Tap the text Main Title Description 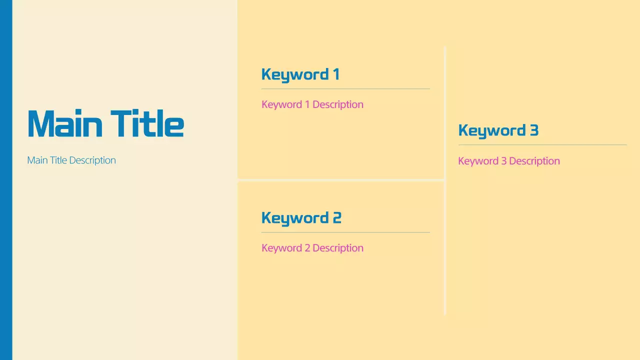coord(71,160)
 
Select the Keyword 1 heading coord(300,74)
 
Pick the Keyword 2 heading coord(301,218)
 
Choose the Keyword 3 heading coord(498,130)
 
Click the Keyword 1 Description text coord(312,104)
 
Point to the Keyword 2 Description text coord(312,248)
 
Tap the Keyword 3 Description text coord(508,161)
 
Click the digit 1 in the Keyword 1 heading coord(336,74)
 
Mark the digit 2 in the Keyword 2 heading coord(337,218)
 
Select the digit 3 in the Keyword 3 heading coord(534,130)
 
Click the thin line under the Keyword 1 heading coord(345,89)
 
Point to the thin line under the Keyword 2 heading coord(345,232)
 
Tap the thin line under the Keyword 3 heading coord(542,145)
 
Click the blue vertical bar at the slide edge coord(6,180)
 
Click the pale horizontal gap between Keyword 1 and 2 coord(340,179)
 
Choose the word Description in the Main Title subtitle coord(92,160)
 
